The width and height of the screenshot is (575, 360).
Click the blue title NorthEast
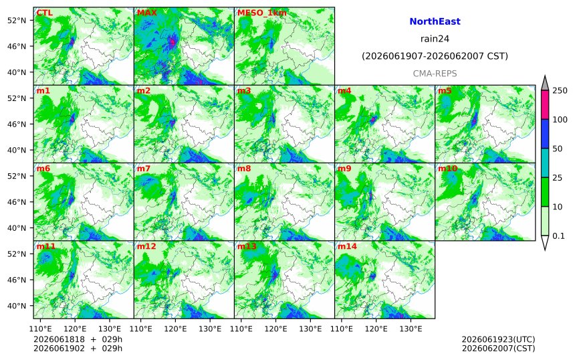tap(435, 21)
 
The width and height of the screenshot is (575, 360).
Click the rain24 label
tap(435, 39)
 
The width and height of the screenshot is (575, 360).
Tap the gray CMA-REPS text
tap(435, 74)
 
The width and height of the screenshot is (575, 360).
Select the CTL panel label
tap(44, 13)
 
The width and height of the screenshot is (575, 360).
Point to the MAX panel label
tap(146, 13)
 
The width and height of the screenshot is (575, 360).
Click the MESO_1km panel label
tap(262, 13)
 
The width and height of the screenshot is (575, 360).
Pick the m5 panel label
tap(445, 90)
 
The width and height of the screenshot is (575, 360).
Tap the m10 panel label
tap(448, 169)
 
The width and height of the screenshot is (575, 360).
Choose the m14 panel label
tap(347, 246)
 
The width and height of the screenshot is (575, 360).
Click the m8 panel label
tap(244, 169)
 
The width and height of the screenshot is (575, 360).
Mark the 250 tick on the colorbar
tap(560, 90)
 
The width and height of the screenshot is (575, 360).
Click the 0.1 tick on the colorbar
tap(559, 236)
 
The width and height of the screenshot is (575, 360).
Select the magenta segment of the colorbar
tap(545, 104)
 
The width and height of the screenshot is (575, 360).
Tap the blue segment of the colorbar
tap(545, 134)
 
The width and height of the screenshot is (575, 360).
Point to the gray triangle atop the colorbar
tap(545, 83)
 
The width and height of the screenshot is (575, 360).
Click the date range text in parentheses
tap(435, 56)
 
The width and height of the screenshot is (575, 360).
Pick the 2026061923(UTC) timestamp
tap(498, 339)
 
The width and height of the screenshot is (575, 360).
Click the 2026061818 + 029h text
tap(78, 339)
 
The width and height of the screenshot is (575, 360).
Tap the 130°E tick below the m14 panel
tap(411, 329)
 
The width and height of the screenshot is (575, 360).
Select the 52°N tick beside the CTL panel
tap(17, 20)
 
